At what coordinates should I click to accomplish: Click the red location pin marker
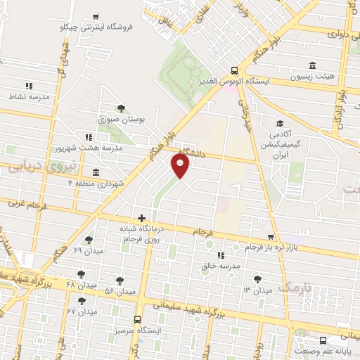point(181,167)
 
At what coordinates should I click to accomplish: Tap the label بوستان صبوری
point(121,120)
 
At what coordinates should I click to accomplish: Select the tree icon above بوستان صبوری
point(121,108)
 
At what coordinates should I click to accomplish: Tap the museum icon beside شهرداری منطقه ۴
point(96,173)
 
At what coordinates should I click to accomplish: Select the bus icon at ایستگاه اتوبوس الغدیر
point(234,70)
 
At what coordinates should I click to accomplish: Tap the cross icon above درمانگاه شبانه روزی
point(141,219)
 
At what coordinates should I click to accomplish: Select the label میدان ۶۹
point(88,250)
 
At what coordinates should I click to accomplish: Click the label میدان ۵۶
point(119,290)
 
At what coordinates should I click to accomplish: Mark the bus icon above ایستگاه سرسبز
point(137,318)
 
